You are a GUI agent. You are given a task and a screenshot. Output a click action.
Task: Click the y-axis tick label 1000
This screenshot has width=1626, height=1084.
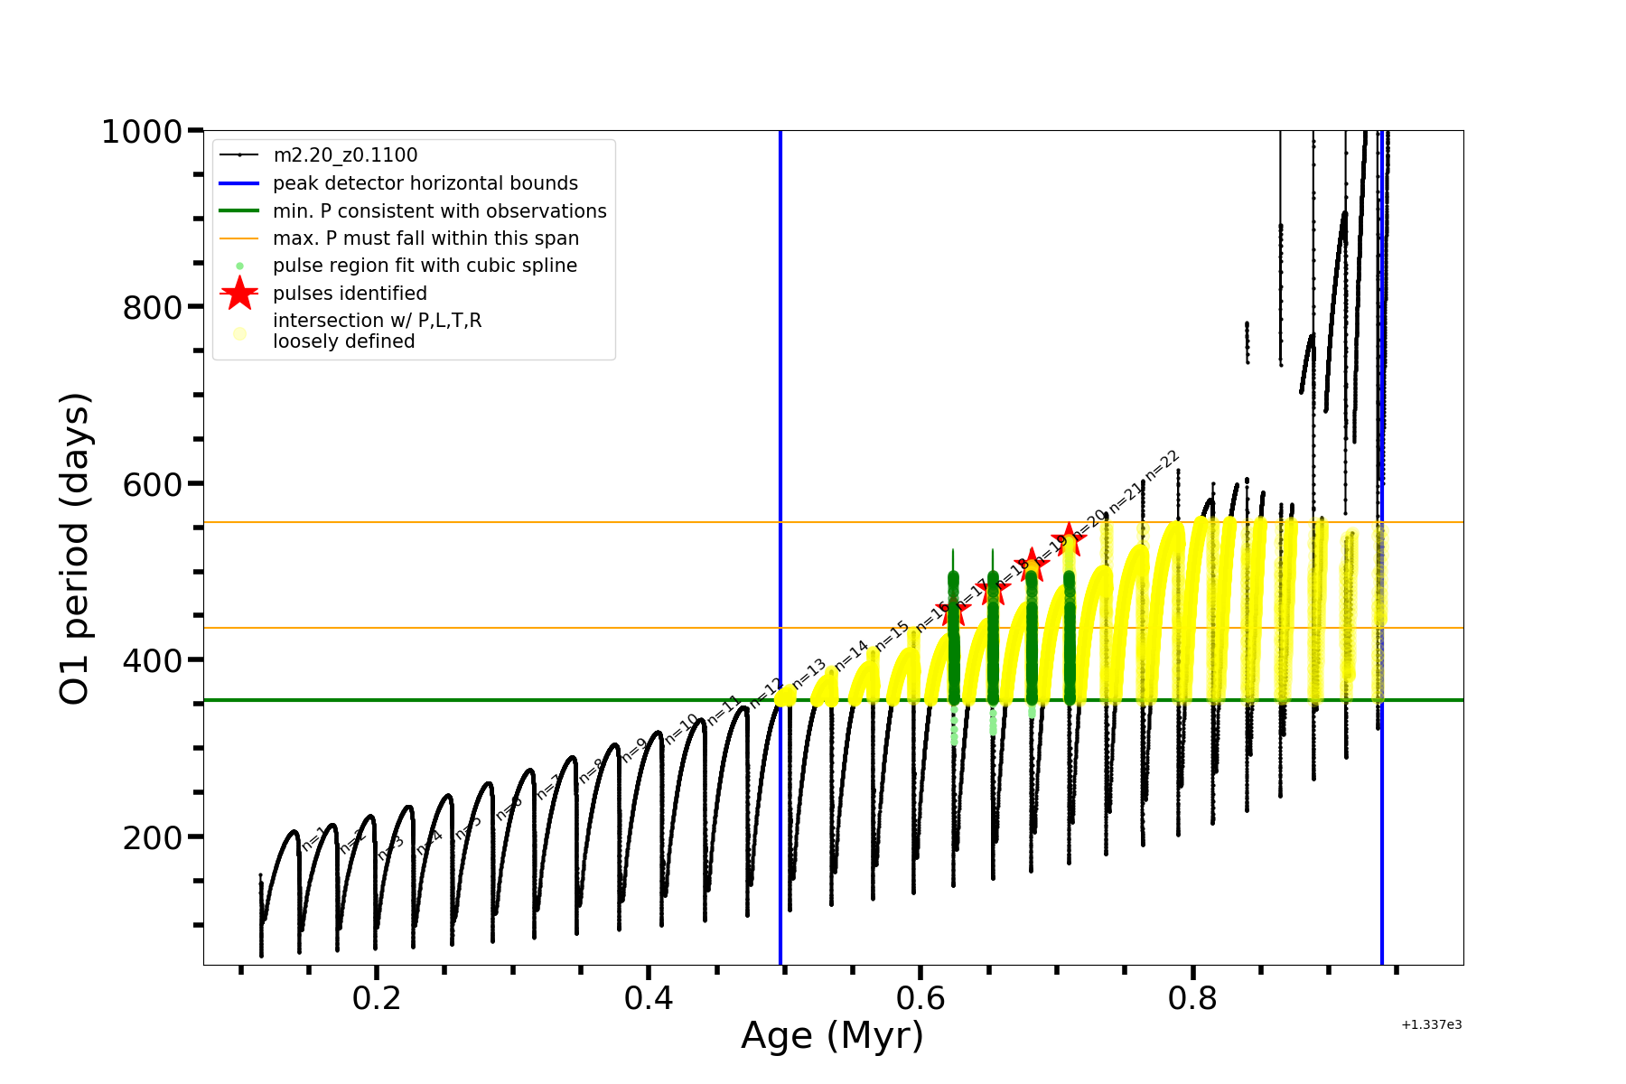click(142, 133)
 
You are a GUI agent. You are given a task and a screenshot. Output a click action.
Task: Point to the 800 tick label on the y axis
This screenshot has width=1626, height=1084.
click(152, 308)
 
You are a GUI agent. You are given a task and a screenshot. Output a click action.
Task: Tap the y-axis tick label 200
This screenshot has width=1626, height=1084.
click(152, 838)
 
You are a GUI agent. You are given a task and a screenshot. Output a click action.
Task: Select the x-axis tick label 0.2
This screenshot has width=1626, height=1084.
click(377, 998)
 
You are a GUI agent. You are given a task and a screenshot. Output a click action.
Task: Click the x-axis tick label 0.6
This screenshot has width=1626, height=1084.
click(920, 998)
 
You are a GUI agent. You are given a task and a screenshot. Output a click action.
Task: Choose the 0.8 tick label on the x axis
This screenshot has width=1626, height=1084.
click(1192, 998)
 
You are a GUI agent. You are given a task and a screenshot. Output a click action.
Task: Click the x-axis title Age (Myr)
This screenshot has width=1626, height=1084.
click(832, 1036)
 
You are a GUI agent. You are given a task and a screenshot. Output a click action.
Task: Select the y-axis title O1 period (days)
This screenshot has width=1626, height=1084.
click(74, 548)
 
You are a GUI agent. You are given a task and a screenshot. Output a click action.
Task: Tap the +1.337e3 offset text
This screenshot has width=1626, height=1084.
click(1431, 1024)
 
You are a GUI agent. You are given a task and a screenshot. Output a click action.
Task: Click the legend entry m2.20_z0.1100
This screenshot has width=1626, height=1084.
click(345, 155)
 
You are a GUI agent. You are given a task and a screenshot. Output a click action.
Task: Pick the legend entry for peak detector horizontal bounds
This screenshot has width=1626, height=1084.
click(425, 183)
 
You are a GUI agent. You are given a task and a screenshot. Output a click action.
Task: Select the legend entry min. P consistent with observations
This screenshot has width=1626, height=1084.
click(439, 211)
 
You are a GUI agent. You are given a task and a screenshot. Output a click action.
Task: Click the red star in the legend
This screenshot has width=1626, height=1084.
click(239, 293)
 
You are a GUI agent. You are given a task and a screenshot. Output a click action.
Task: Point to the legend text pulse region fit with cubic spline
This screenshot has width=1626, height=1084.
click(425, 266)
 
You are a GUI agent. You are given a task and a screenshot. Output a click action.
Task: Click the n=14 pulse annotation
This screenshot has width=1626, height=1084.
click(851, 655)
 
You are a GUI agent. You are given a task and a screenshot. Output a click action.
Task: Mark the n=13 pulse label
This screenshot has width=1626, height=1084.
click(808, 673)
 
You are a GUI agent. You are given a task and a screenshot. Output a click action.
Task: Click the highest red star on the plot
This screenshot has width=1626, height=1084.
click(1070, 539)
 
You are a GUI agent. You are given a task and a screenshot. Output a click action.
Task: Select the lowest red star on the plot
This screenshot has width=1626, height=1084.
click(953, 610)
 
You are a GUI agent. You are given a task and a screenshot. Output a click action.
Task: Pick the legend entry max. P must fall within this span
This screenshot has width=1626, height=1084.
click(425, 238)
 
